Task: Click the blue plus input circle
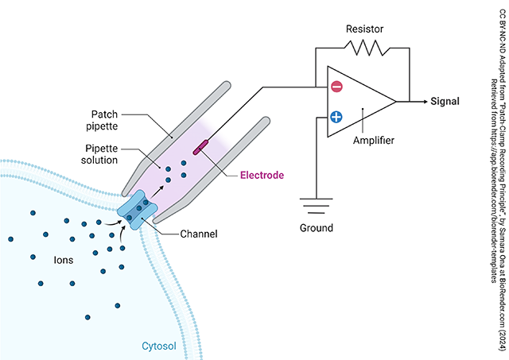tap(336, 118)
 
